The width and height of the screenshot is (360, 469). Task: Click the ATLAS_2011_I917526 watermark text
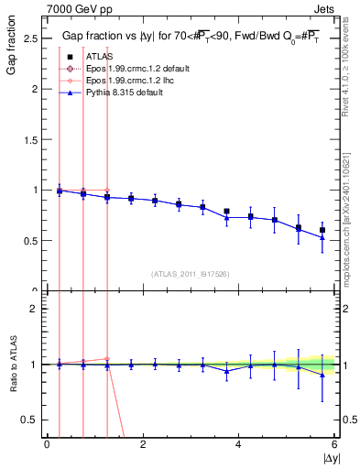(x=191, y=274)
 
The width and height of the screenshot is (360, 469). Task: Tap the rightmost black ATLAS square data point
(x=322, y=230)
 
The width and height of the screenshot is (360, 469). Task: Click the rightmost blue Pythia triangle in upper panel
(x=322, y=237)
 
